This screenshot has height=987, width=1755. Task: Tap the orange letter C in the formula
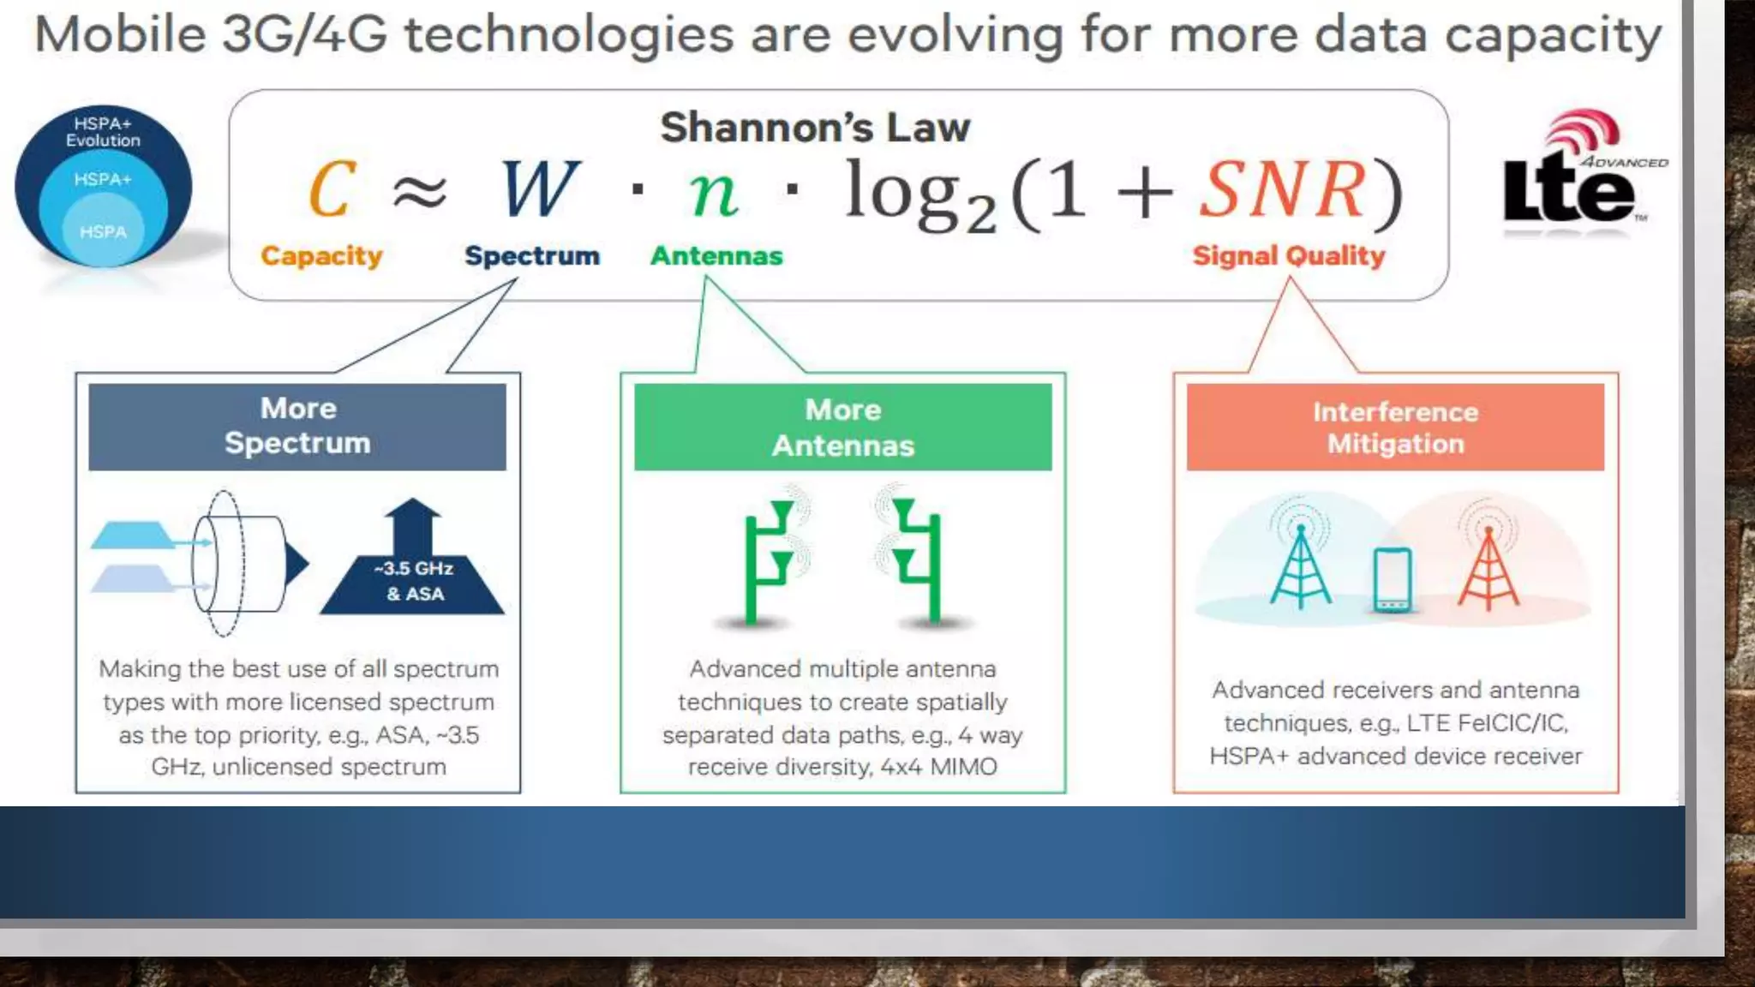pyautogui.click(x=332, y=189)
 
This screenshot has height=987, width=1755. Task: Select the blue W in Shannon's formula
pyautogui.click(x=539, y=189)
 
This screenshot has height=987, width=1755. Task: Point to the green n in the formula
pyautogui.click(x=713, y=192)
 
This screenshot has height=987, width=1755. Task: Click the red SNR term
pyautogui.click(x=1282, y=189)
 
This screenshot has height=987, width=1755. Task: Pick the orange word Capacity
pyautogui.click(x=321, y=255)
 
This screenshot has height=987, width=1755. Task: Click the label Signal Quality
pyautogui.click(x=1288, y=255)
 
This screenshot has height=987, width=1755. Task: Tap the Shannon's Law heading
pyautogui.click(x=815, y=128)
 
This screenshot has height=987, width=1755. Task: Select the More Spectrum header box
pyautogui.click(x=297, y=427)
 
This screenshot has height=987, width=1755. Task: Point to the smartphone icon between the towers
pyautogui.click(x=1392, y=580)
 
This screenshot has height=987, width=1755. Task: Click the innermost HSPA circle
pyautogui.click(x=103, y=232)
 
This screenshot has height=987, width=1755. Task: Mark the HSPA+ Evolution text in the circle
pyautogui.click(x=103, y=132)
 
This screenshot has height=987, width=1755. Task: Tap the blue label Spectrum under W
pyautogui.click(x=532, y=255)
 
